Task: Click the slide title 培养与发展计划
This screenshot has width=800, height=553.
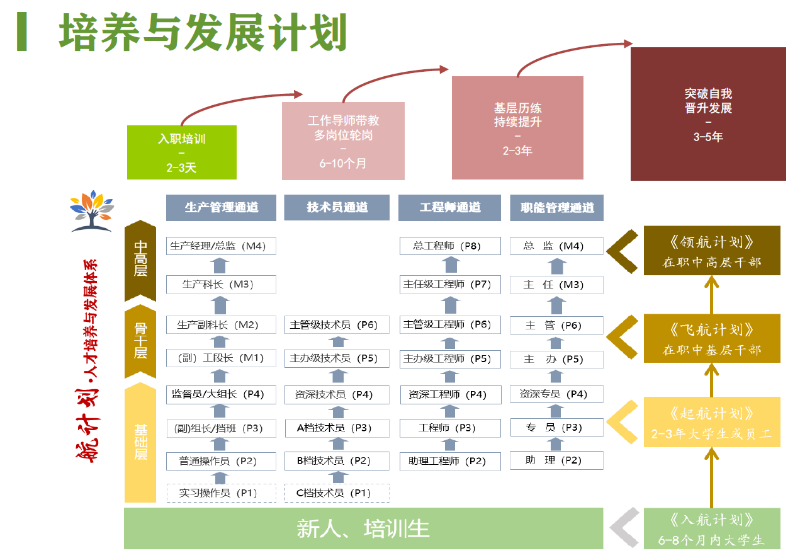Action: click(x=203, y=32)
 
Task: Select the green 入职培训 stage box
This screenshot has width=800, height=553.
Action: click(x=182, y=152)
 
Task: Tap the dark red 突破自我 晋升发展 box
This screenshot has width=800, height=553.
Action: click(x=708, y=114)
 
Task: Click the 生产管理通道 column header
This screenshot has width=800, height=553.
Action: click(x=222, y=207)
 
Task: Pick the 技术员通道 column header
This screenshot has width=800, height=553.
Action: click(x=337, y=207)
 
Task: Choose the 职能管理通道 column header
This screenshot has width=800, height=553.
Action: click(x=556, y=207)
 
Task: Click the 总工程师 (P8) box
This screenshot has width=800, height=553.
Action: click(x=450, y=246)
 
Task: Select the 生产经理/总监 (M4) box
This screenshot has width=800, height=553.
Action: click(x=222, y=246)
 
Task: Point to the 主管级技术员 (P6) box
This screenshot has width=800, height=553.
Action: click(x=337, y=324)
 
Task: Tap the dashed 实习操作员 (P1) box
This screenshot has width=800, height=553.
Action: click(x=222, y=493)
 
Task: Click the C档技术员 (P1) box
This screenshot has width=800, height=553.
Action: click(x=337, y=493)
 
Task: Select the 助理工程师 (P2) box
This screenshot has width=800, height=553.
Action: click(x=450, y=461)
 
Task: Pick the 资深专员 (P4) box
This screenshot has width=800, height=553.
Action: click(x=556, y=394)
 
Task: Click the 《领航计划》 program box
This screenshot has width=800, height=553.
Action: click(x=712, y=251)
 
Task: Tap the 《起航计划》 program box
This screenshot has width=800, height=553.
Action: click(x=712, y=422)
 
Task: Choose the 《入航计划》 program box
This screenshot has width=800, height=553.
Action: click(x=712, y=528)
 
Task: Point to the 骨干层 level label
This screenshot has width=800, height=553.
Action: click(x=140, y=341)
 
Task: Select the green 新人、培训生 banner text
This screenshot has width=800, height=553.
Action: click(x=363, y=528)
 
